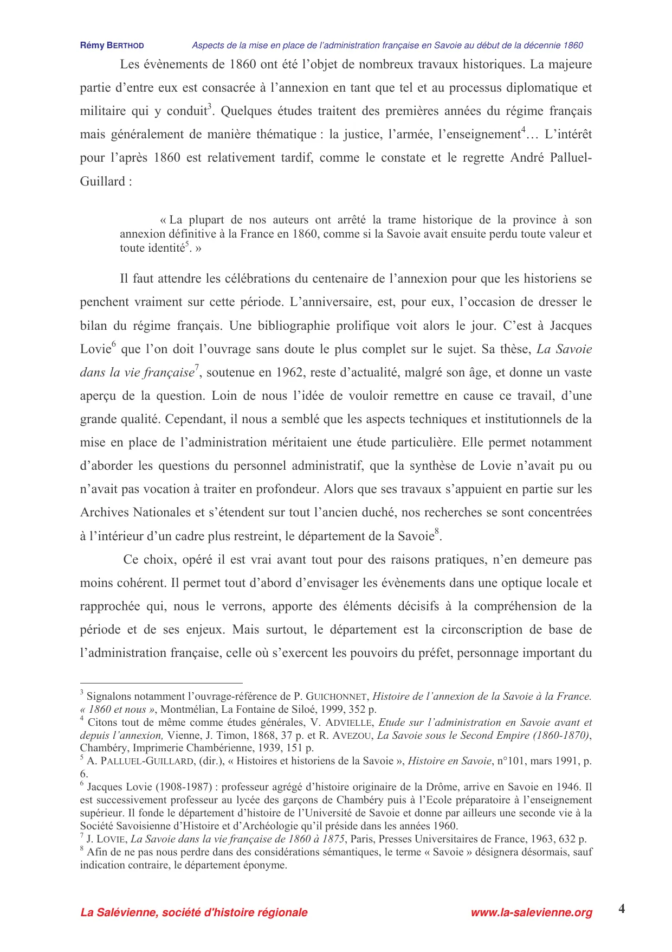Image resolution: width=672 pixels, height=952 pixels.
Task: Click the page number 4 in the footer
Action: click(622, 909)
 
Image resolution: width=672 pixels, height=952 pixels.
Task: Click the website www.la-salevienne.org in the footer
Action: click(532, 912)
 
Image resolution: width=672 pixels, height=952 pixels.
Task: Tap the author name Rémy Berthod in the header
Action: click(112, 46)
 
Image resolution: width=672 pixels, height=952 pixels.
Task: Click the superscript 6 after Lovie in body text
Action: click(114, 345)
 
